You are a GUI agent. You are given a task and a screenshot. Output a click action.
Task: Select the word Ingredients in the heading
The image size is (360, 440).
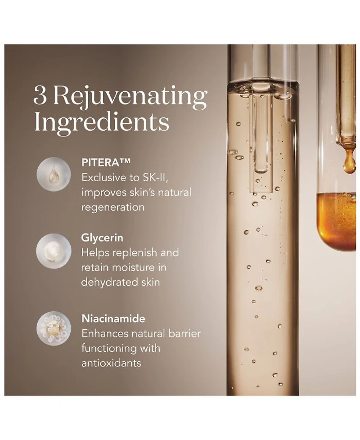[x=101, y=123]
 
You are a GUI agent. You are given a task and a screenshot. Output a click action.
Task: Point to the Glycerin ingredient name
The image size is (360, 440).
[x=102, y=238]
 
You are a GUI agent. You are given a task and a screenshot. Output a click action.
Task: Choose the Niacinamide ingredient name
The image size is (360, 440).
[x=113, y=319]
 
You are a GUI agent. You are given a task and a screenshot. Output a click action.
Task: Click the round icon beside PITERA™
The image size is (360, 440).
[x=54, y=174]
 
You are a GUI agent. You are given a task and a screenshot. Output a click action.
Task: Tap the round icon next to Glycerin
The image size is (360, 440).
[x=54, y=251]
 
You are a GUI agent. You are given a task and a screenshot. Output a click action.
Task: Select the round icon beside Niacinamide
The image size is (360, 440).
[x=54, y=328]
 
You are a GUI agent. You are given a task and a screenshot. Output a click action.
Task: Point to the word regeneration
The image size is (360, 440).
[x=113, y=208]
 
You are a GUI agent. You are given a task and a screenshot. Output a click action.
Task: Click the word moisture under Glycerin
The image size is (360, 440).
[x=131, y=267]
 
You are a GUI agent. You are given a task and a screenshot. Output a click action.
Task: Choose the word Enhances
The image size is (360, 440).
[x=105, y=334]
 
